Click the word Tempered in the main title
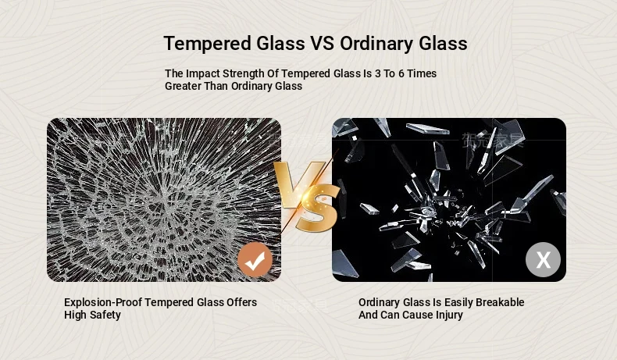pyautogui.click(x=208, y=44)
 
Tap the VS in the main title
pyautogui.click(x=323, y=43)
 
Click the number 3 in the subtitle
pyautogui.click(x=377, y=73)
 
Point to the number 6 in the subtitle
pyautogui.click(x=401, y=73)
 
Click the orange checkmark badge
pyautogui.click(x=255, y=260)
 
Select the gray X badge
pyautogui.click(x=543, y=260)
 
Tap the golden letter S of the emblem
pyautogui.click(x=317, y=208)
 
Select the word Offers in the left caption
pyautogui.click(x=241, y=302)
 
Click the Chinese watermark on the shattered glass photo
pyautogui.click(x=493, y=140)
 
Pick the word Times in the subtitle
pyautogui.click(x=422, y=73)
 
